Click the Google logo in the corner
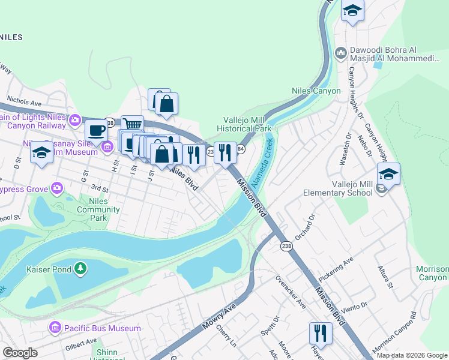[20, 353]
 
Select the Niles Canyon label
[316, 91]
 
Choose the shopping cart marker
[133, 124]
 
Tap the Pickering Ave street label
[353, 263]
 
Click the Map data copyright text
[412, 355]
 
